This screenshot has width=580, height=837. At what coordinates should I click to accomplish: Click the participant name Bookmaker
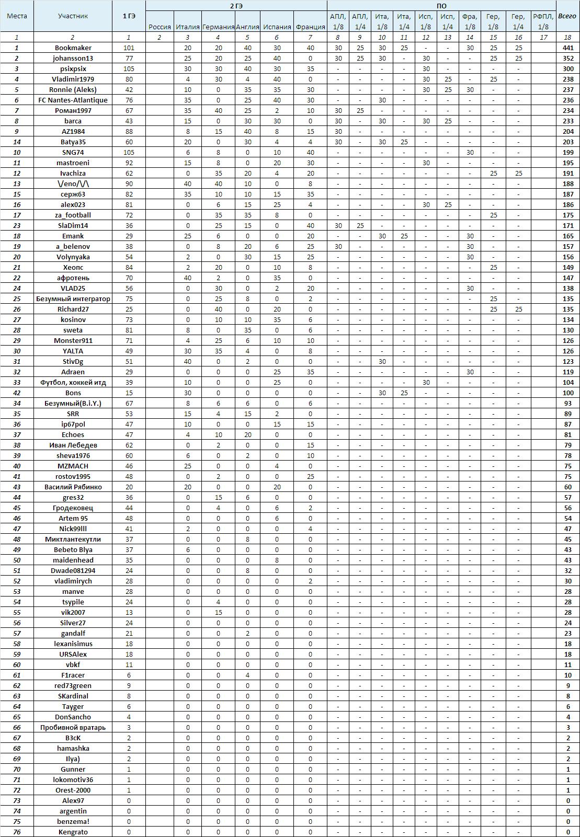click(x=73, y=48)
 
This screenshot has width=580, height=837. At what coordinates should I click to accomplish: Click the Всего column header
click(x=567, y=16)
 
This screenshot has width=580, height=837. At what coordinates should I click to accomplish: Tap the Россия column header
click(x=160, y=27)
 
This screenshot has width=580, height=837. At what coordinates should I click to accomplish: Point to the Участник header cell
click(x=73, y=16)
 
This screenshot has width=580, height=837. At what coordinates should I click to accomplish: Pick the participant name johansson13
click(x=73, y=58)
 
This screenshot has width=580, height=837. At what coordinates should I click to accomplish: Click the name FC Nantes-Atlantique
click(x=73, y=100)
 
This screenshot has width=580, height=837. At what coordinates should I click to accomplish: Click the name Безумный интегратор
click(x=73, y=299)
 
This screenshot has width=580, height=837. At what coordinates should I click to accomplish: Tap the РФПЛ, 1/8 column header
click(x=543, y=21)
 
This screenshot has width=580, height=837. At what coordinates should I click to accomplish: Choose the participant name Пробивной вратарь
click(x=73, y=727)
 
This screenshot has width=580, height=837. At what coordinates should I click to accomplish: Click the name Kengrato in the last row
click(x=73, y=832)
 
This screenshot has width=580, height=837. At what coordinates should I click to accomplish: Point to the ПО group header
click(x=441, y=6)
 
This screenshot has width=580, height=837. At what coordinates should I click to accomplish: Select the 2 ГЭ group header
click(x=236, y=6)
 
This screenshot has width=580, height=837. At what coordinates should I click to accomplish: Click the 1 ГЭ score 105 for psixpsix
click(x=129, y=68)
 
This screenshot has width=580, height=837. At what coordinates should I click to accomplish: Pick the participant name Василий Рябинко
click(x=73, y=487)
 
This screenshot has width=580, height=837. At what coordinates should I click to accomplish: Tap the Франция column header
click(x=310, y=27)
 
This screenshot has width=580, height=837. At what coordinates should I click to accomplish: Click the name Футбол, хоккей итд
click(x=73, y=382)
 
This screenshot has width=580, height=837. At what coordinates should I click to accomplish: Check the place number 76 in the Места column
click(x=17, y=832)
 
